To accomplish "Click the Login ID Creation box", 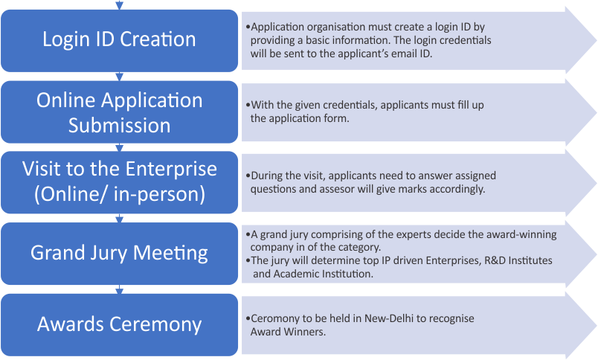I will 119,39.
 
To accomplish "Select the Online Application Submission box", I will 119,112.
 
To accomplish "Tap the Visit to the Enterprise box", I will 119,181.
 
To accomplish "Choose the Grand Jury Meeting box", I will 119,253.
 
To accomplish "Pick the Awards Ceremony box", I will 119,324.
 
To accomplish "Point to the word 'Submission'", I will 119,125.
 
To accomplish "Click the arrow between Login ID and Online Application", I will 119,76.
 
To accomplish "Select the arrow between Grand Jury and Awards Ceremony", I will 119,290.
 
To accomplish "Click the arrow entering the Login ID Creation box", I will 119,5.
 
